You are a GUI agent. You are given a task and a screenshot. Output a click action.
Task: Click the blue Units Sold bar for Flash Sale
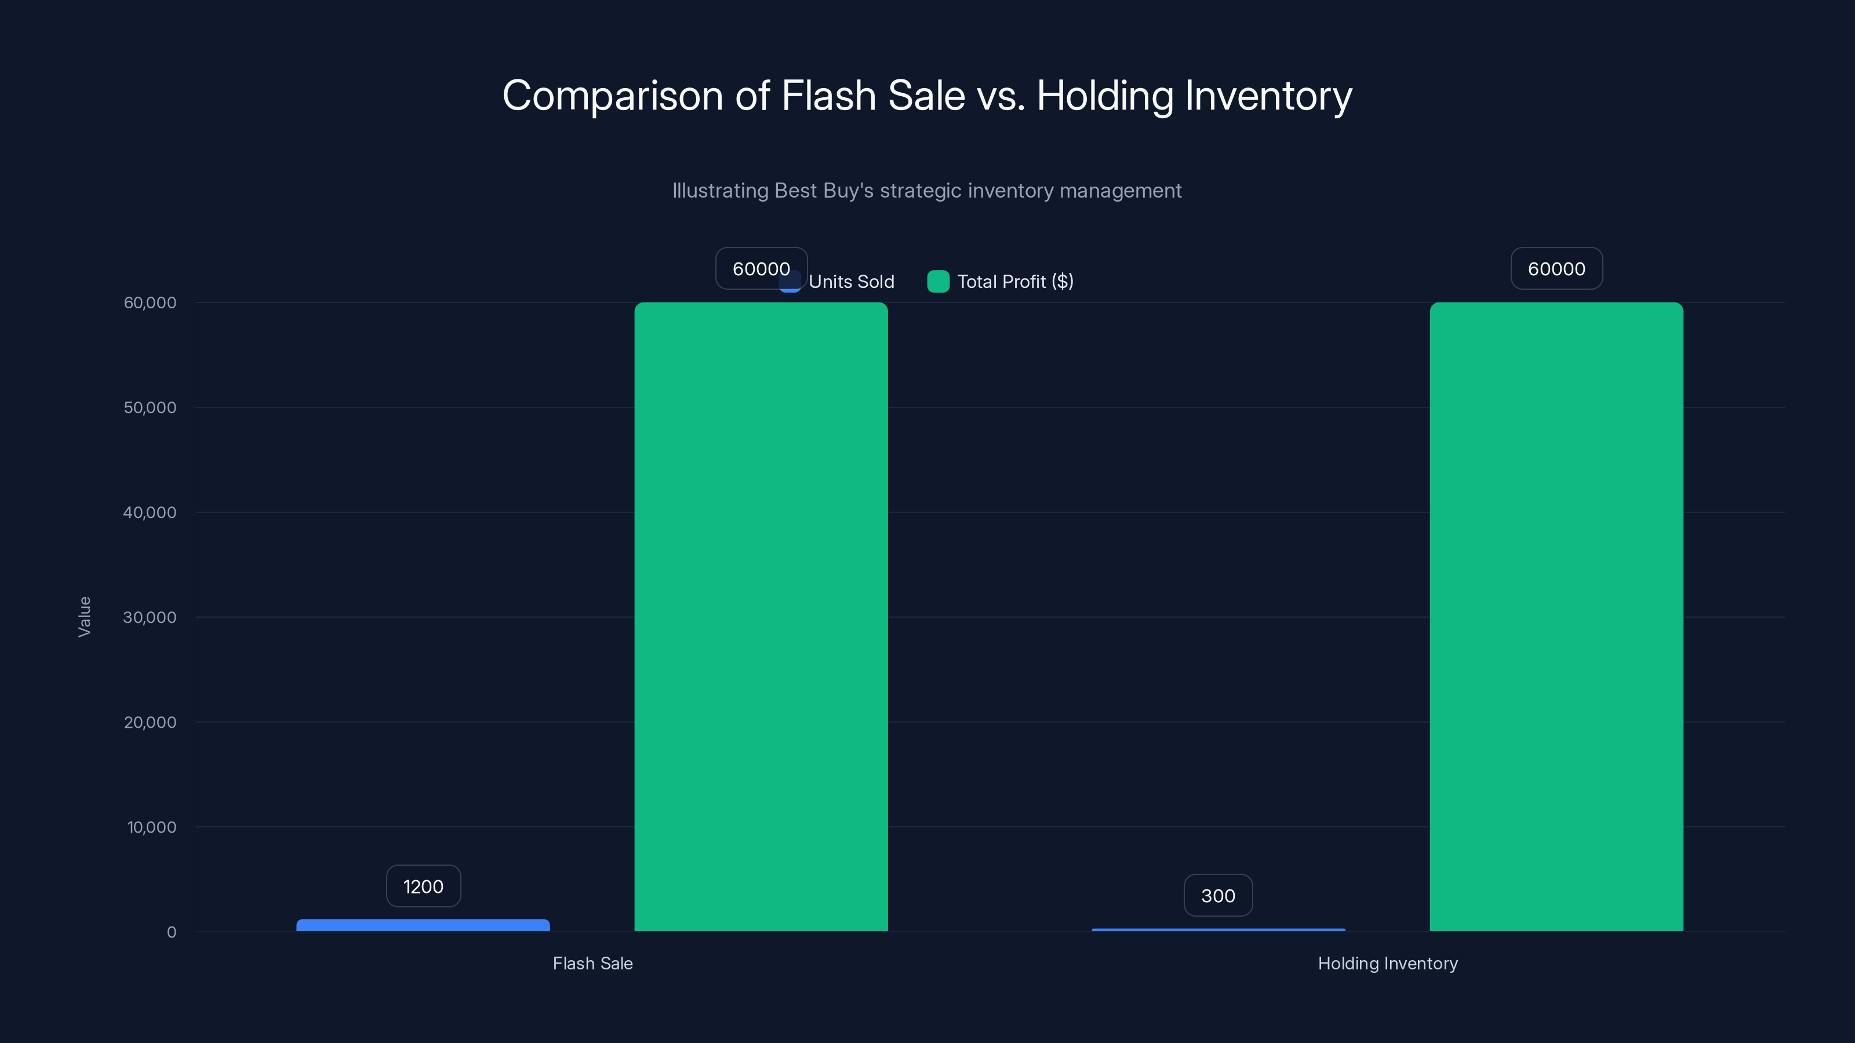pyautogui.click(x=423, y=925)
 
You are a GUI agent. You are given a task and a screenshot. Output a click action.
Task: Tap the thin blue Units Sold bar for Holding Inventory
pyautogui.click(x=1218, y=930)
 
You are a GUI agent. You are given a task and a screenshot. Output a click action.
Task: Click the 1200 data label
pyautogui.click(x=423, y=886)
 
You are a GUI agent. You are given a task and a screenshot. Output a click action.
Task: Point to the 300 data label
pyautogui.click(x=1218, y=895)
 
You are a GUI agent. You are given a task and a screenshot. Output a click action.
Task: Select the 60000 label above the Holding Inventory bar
pyautogui.click(x=1555, y=268)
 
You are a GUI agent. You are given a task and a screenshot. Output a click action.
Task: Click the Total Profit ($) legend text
pyautogui.click(x=1014, y=282)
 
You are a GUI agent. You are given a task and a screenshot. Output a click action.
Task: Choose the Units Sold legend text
pyautogui.click(x=851, y=282)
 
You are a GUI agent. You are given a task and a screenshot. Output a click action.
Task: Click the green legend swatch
pyautogui.click(x=937, y=282)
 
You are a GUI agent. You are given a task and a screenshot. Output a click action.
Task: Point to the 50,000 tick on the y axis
pyautogui.click(x=150, y=407)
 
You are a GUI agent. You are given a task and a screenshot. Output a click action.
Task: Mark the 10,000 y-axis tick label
pyautogui.click(x=151, y=827)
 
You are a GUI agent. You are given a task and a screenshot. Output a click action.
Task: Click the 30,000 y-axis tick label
pyautogui.click(x=150, y=617)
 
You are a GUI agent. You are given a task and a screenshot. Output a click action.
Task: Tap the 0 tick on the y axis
pyautogui.click(x=172, y=932)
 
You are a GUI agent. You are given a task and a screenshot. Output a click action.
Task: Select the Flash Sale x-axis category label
pyautogui.click(x=592, y=963)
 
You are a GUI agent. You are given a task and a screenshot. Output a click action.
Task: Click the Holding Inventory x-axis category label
pyautogui.click(x=1387, y=963)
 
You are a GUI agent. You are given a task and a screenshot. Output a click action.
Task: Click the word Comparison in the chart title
pyautogui.click(x=612, y=96)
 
